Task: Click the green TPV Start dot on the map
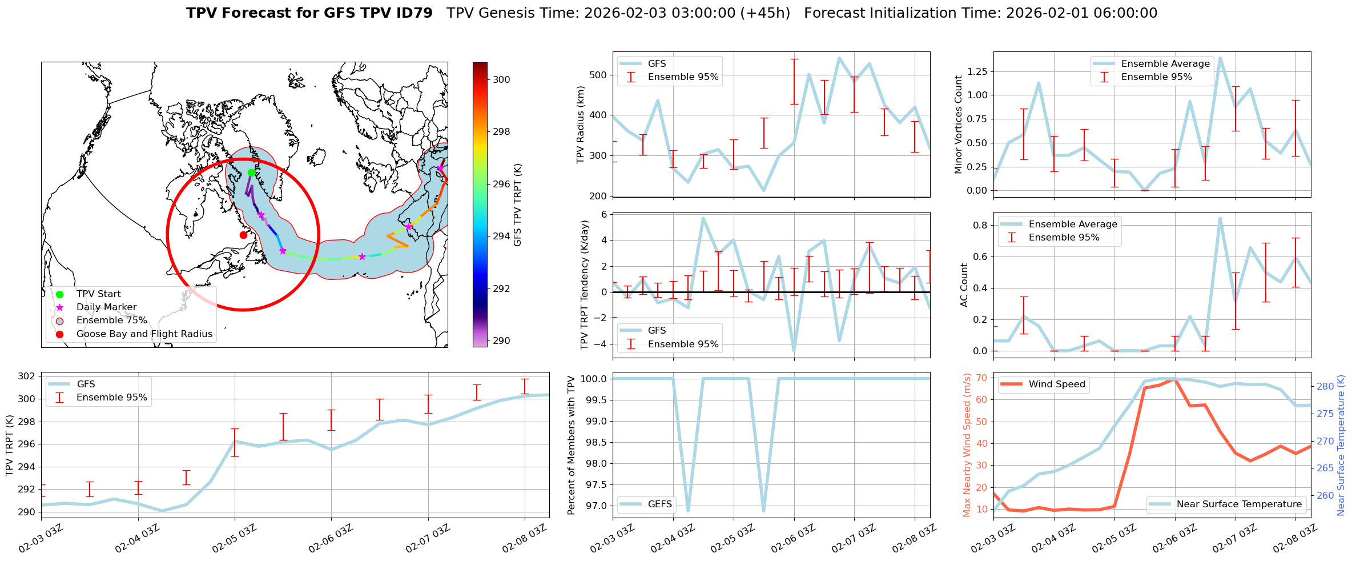251,173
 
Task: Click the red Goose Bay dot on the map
243,235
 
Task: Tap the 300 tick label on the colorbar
501,79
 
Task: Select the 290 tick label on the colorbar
501,340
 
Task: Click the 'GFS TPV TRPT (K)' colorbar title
518,205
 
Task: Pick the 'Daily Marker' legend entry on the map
106,307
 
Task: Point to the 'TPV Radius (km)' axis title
581,125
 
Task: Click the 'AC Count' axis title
964,285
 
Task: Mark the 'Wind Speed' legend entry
1056,384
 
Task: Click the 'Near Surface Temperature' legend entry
1239,504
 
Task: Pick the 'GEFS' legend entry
659,504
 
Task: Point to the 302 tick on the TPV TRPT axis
26,376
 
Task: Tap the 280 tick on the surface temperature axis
1325,386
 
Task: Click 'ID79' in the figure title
415,13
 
